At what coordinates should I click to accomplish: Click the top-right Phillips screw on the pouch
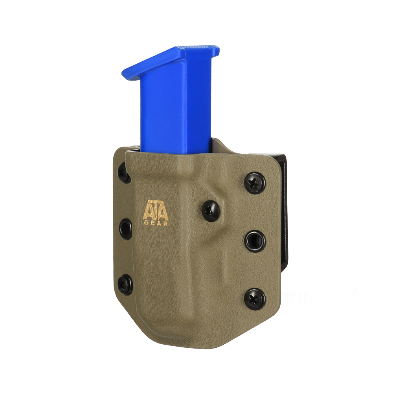[x=255, y=183]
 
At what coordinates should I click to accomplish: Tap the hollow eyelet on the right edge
[x=255, y=241]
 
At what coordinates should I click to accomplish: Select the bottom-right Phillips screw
[x=255, y=298]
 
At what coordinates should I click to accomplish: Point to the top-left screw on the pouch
[x=123, y=173]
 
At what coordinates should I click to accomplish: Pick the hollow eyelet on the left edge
[x=125, y=228]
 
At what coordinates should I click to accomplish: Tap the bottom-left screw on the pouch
[x=125, y=283]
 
